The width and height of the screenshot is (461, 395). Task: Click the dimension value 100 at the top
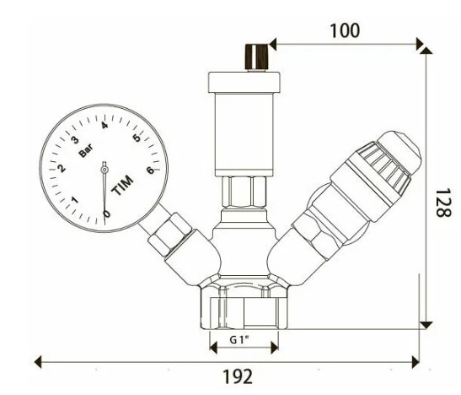(344, 30)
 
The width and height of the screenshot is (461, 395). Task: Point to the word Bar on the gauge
(86, 149)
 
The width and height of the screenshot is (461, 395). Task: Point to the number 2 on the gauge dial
(62, 169)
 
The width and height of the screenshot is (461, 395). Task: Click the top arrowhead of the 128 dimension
(426, 51)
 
